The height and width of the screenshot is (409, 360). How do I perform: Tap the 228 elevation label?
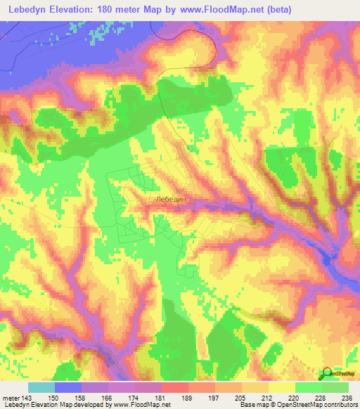[x=323, y=398]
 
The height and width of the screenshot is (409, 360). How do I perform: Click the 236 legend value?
[x=348, y=398]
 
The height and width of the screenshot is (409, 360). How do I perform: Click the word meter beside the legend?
[x=11, y=398]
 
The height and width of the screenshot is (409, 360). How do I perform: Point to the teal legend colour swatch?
[x=41, y=387]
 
